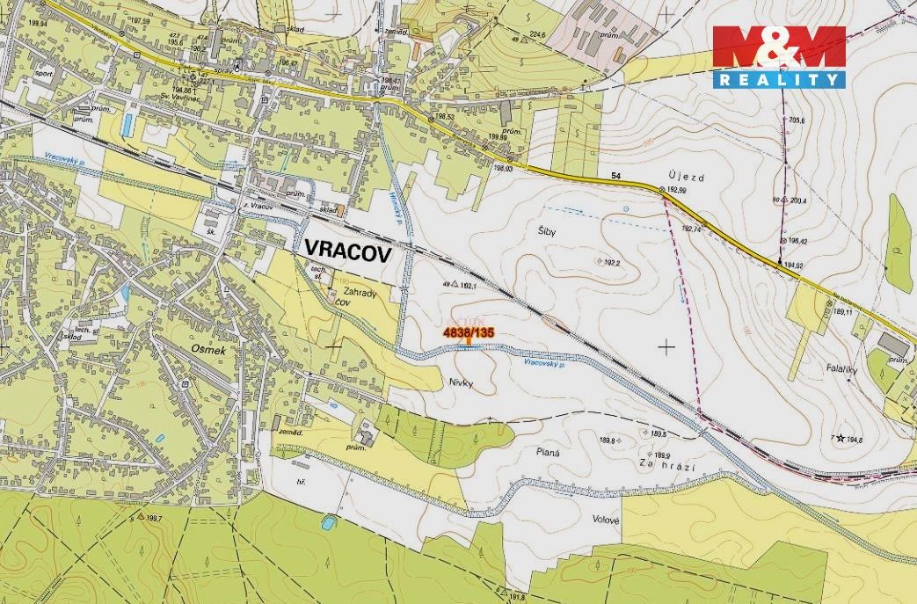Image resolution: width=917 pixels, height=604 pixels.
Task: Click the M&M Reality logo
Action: click(x=779, y=56)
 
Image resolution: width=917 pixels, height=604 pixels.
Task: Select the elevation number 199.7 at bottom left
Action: click(x=155, y=519)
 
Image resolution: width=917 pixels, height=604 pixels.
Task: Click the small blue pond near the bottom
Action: click(x=328, y=522)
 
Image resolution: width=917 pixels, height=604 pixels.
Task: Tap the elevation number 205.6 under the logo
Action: click(x=797, y=120)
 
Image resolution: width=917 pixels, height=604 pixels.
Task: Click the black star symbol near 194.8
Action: click(x=841, y=438)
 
